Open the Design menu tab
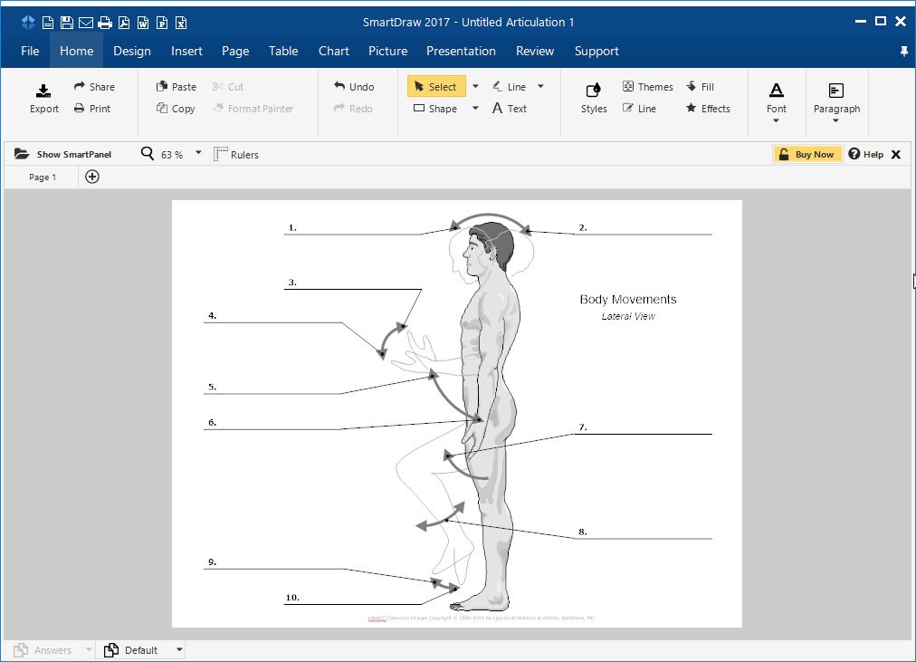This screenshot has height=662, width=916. coord(132,51)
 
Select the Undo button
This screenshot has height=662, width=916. coord(354,87)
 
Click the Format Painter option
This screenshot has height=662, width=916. coord(253,109)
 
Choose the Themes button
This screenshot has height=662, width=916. coord(647,87)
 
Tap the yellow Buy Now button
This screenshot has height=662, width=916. coord(807,154)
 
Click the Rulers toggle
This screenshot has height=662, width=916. coord(236,154)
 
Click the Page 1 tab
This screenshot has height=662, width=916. coord(43,177)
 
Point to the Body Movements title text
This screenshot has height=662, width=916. coord(628,300)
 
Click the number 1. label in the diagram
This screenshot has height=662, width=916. coord(292,227)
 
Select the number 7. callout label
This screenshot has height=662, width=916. coord(583,427)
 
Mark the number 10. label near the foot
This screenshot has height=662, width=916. coord(292,598)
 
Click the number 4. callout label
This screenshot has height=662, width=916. coord(212,316)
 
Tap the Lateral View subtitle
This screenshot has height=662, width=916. coord(628,317)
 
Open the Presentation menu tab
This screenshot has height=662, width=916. coord(461,51)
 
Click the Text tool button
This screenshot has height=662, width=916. coord(510,109)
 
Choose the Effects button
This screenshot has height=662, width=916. coord(708,109)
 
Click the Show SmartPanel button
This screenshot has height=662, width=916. coord(63,154)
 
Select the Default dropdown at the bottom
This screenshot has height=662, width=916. coord(144,649)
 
